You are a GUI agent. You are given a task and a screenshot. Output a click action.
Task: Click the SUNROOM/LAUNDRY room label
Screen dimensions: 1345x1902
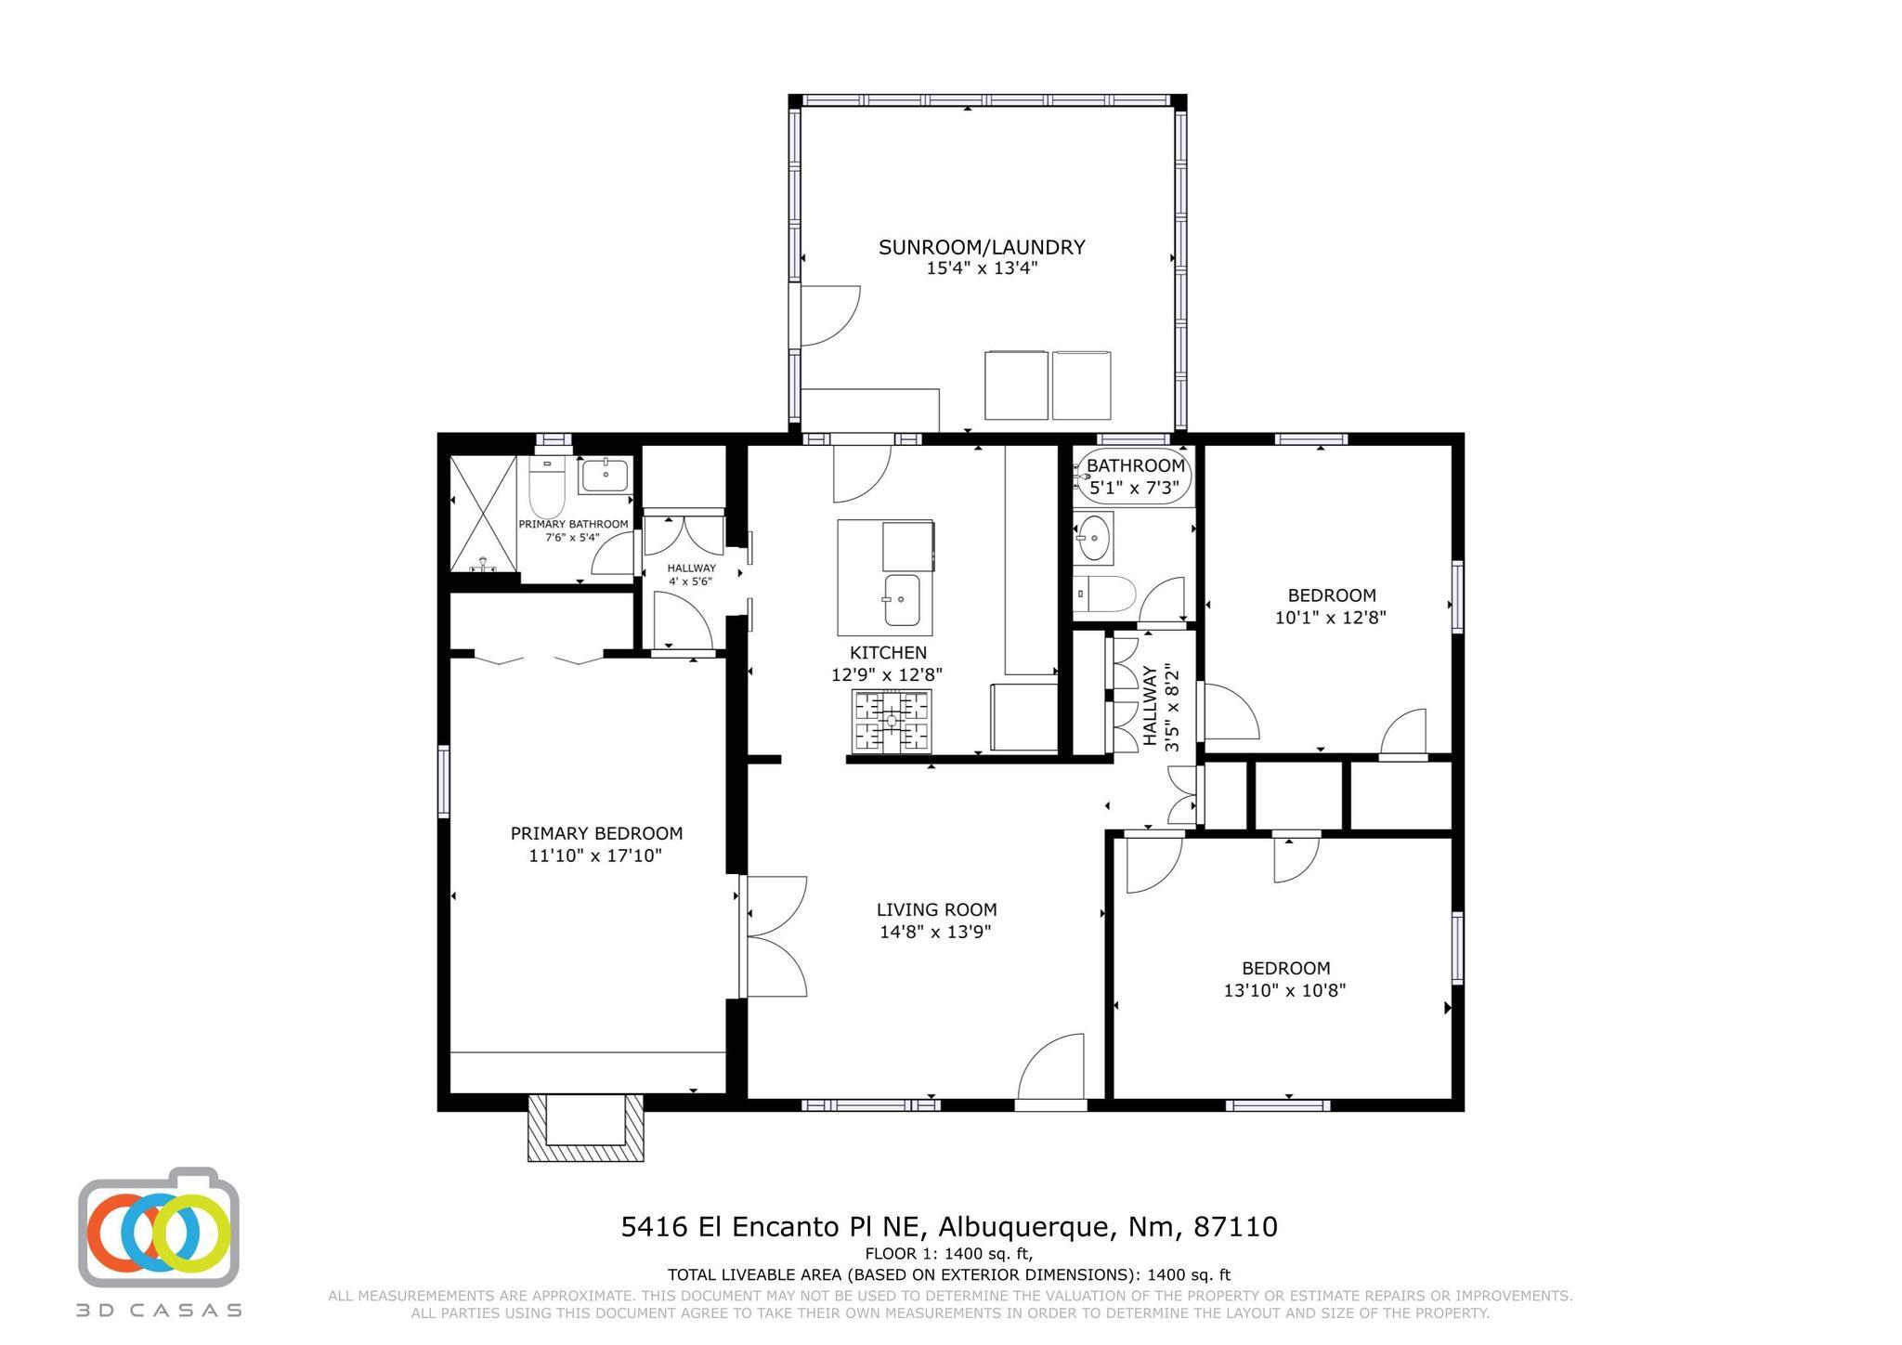[x=982, y=247]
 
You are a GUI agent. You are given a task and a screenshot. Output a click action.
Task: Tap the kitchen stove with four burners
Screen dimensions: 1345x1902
[x=892, y=721]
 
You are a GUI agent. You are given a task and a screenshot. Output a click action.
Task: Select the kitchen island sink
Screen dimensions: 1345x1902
[x=901, y=599]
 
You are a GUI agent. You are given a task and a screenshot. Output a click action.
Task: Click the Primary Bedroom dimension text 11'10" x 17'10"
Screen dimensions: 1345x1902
[x=594, y=855]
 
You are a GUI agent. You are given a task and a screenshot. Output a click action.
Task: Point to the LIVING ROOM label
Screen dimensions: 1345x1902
[x=936, y=910]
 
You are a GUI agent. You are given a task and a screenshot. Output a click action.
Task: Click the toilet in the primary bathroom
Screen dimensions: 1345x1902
[x=547, y=487]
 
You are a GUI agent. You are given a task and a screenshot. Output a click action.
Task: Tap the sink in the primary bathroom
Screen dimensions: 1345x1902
[x=606, y=475]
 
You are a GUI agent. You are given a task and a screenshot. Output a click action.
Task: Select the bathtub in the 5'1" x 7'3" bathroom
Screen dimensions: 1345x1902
[x=1133, y=476]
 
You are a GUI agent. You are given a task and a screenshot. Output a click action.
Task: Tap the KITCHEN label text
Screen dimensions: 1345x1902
[x=888, y=653]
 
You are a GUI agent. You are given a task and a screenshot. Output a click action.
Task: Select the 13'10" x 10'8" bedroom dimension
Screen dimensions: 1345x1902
[x=1284, y=990]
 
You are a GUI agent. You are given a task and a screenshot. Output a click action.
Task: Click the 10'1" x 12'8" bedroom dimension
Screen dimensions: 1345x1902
[x=1330, y=617]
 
